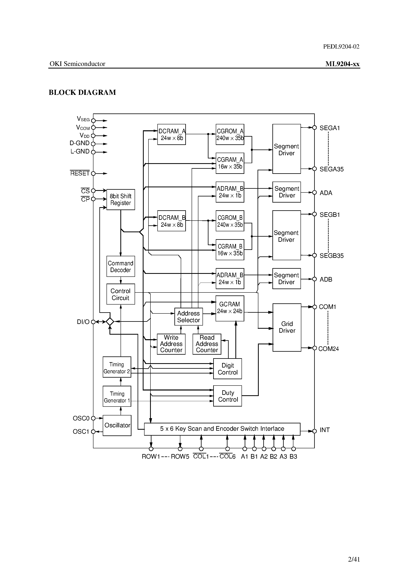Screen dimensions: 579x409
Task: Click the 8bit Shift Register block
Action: (121, 199)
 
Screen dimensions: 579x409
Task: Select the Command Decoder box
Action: (121, 266)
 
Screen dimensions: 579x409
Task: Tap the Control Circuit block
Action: (121, 294)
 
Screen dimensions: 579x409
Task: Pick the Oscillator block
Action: (117, 425)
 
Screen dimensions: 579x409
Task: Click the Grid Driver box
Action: (287, 327)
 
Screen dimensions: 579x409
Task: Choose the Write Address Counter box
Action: (171, 344)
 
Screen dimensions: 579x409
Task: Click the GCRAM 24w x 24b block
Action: (230, 308)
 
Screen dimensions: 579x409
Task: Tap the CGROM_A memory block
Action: (230, 134)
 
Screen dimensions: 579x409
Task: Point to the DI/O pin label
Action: (83, 322)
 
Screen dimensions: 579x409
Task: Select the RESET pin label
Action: (80, 173)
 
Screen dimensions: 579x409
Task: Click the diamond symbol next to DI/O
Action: (110, 322)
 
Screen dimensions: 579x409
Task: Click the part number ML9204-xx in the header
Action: (342, 64)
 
